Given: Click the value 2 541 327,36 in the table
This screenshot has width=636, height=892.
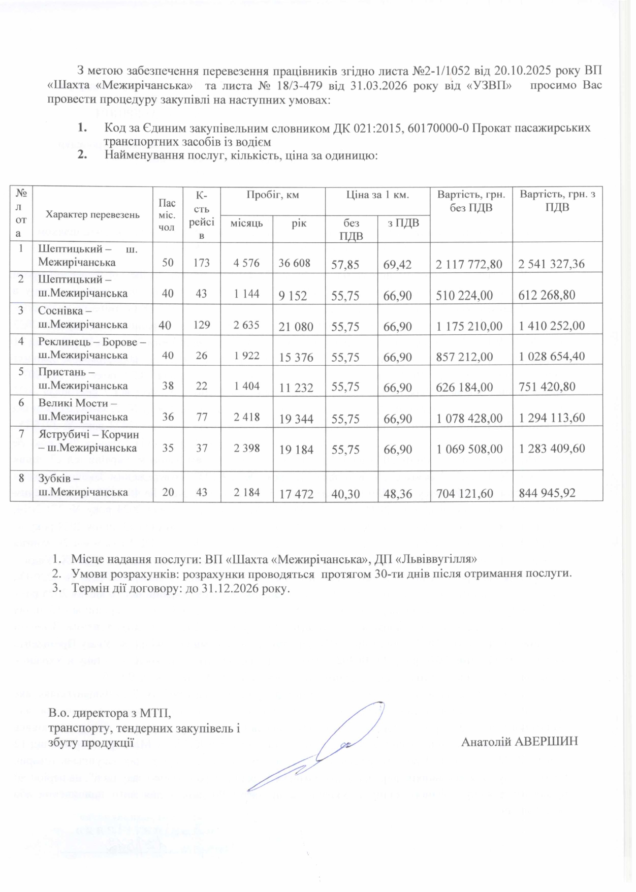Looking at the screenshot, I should (551, 264).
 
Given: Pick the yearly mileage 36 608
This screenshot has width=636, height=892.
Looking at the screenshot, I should (295, 263).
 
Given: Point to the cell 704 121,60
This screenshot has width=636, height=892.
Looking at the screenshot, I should (464, 493).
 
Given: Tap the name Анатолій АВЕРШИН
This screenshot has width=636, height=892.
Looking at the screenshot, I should (519, 742).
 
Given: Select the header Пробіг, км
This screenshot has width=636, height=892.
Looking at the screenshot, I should (273, 195).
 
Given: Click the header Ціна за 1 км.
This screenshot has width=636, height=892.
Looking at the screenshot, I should (377, 195).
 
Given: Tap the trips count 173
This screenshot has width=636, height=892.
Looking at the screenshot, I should (202, 263).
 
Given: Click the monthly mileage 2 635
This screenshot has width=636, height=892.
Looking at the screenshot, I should (246, 325).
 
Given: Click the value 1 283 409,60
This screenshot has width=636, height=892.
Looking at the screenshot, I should (552, 449).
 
